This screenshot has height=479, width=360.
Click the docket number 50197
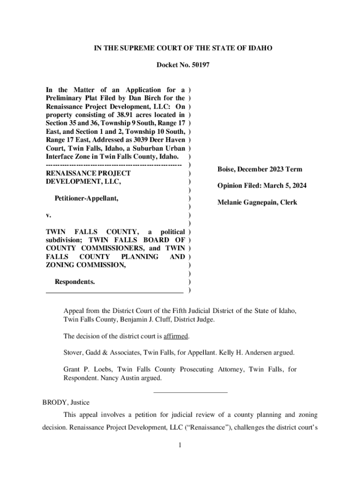coord(200,65)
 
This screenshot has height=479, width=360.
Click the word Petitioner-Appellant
coord(86,199)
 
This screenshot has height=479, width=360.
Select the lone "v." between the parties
coord(48,215)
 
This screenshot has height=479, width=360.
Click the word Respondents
coord(75,282)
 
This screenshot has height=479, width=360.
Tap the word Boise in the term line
coord(227,169)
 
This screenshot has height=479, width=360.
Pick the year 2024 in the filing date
coord(299,186)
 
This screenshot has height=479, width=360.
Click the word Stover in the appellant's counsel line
coord(74,353)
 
